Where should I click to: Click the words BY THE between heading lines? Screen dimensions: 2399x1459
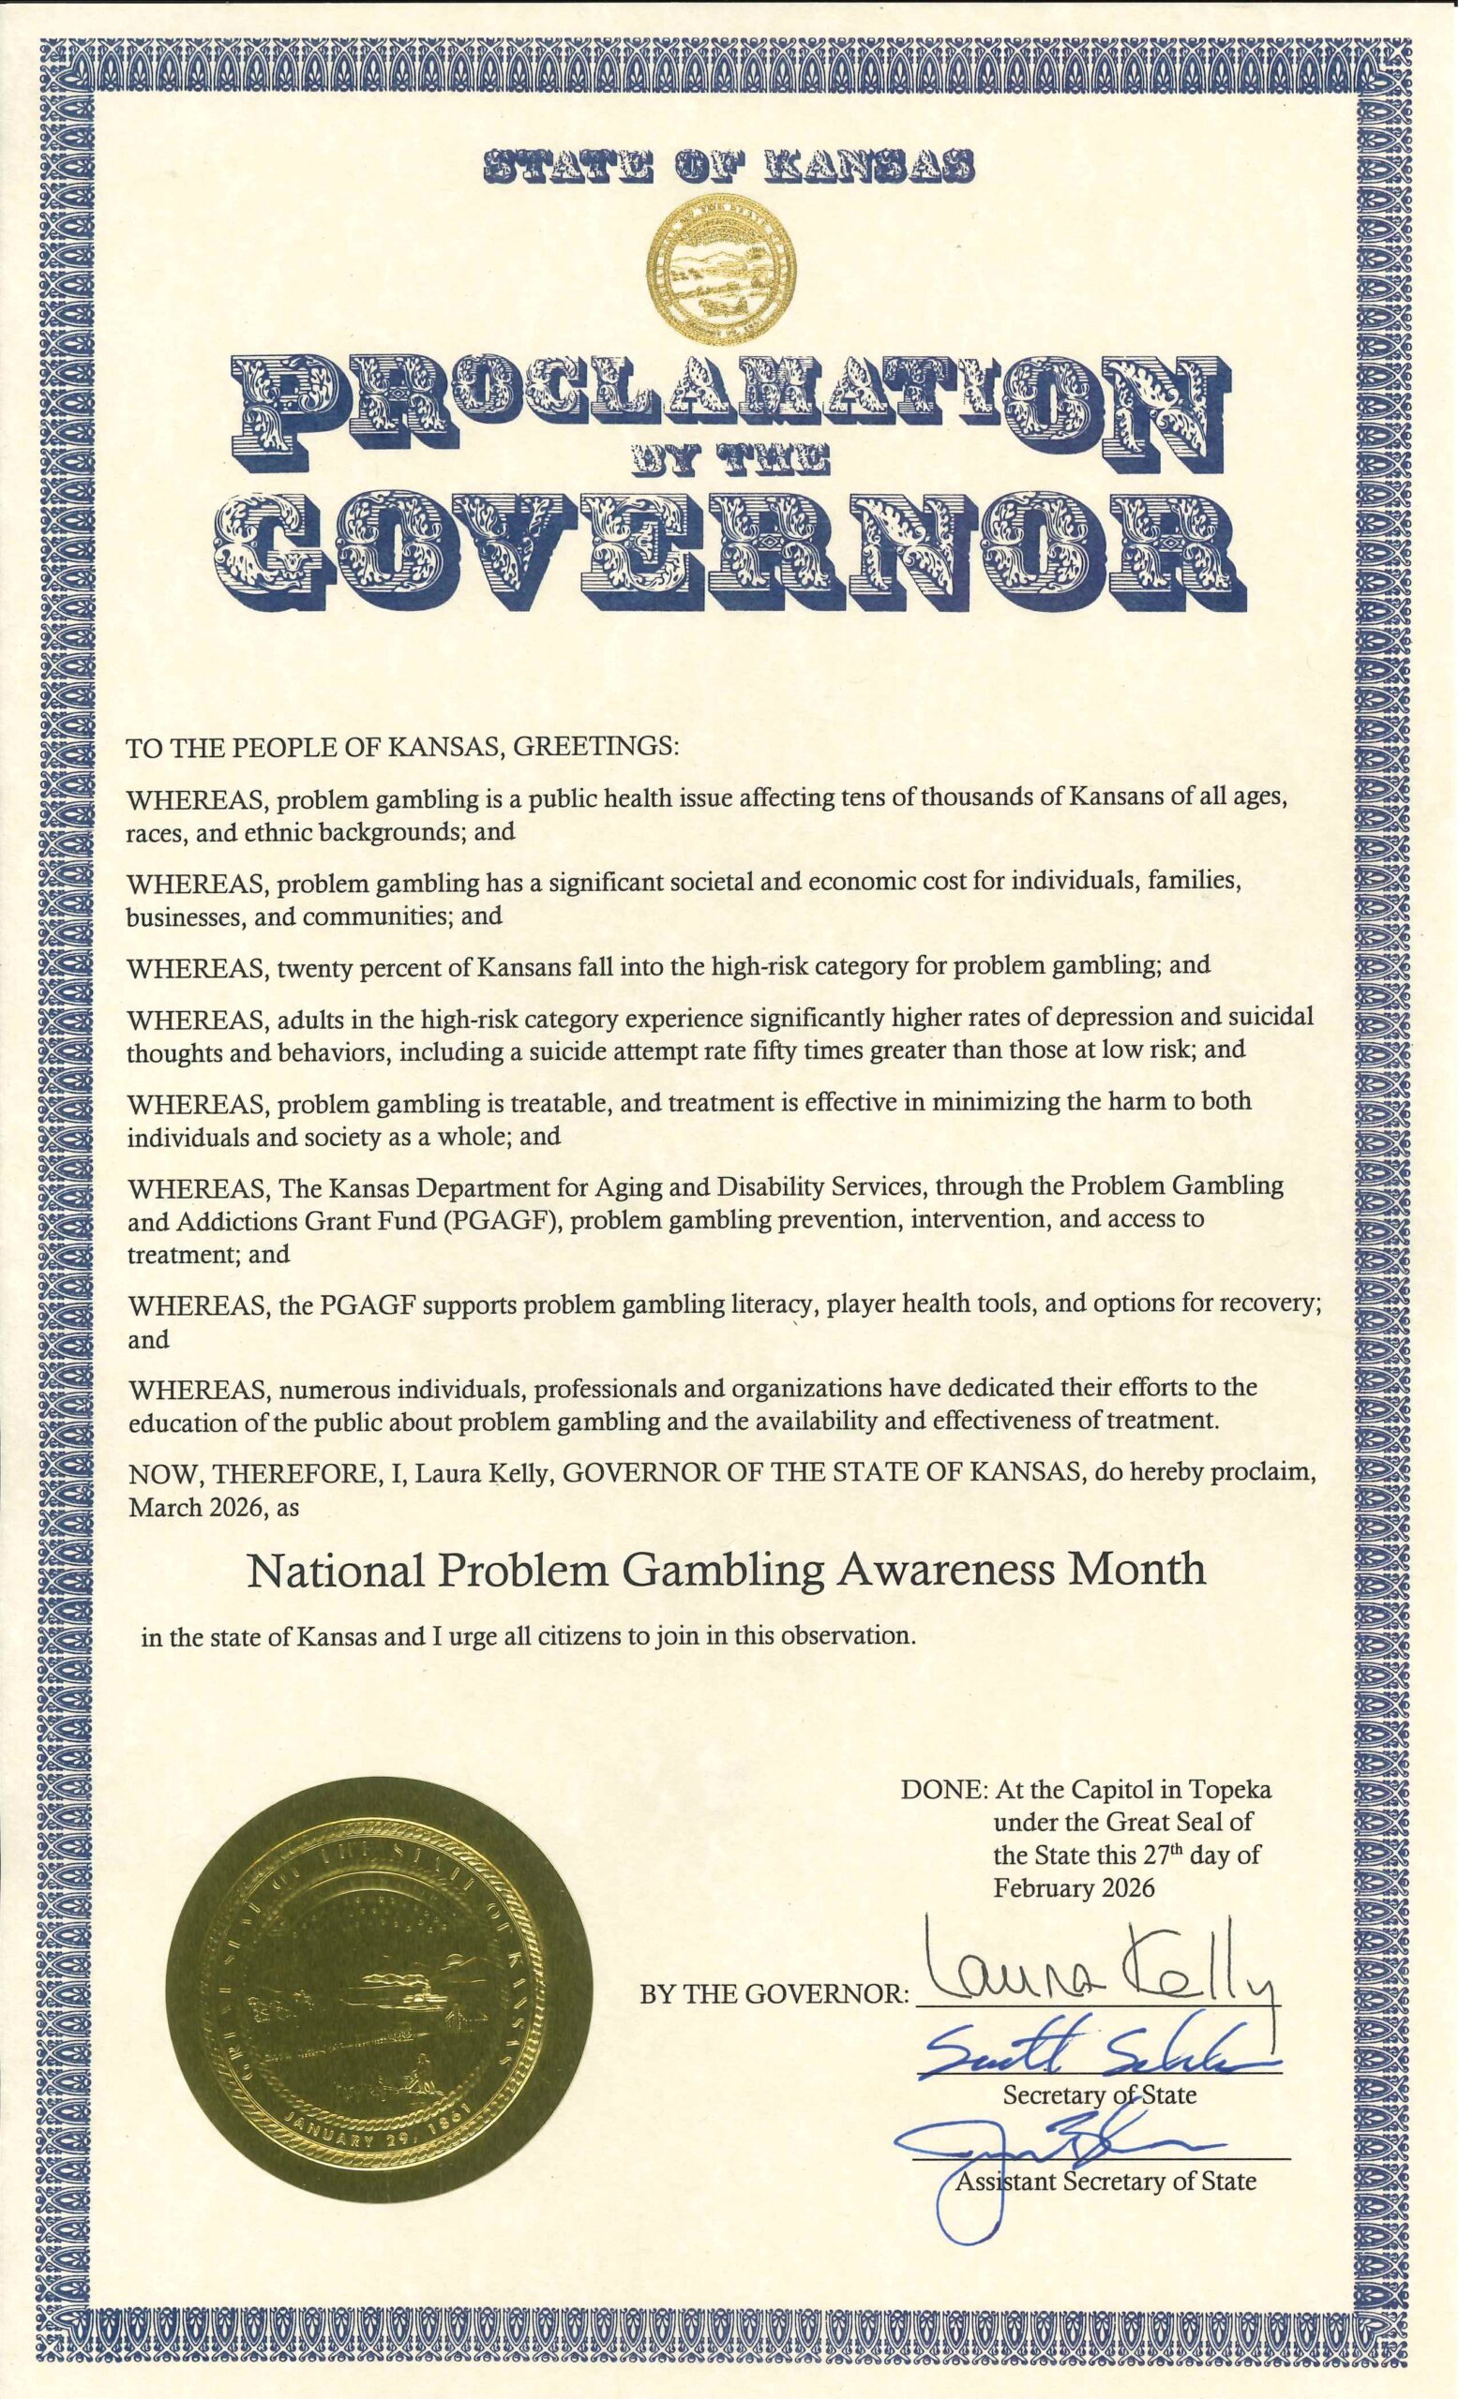729,464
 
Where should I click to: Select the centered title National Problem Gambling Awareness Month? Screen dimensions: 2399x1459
726,1569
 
